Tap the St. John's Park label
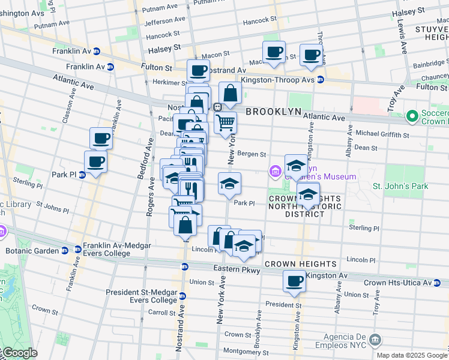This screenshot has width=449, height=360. tap(400, 186)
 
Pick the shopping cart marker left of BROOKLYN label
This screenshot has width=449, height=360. tap(225, 122)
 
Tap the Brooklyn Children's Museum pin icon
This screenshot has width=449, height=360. tap(276, 173)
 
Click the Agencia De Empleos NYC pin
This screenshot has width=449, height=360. tap(376, 340)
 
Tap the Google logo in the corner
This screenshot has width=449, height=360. tap(19, 353)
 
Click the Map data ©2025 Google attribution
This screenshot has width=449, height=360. tap(411, 355)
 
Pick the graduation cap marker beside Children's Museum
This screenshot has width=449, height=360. tap(296, 164)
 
